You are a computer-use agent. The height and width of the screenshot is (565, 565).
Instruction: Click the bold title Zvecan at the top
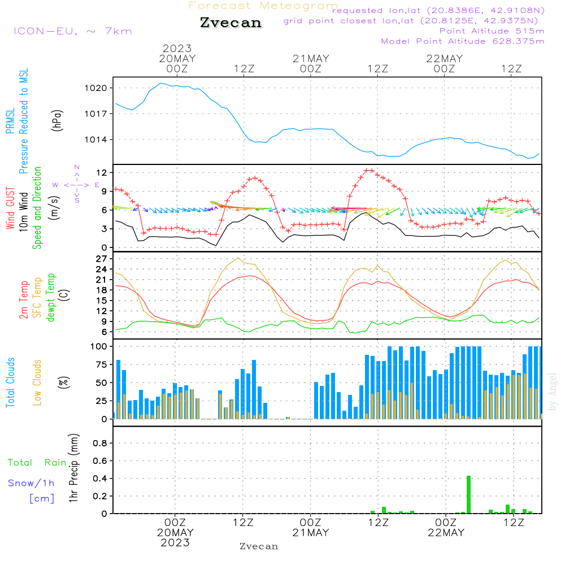tap(231, 23)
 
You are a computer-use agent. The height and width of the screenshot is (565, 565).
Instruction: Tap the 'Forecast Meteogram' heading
tap(263, 6)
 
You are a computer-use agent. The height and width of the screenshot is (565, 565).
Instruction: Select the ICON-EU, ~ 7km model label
tap(72, 31)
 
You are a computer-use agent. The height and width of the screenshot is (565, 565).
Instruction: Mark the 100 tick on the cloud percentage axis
tap(99, 346)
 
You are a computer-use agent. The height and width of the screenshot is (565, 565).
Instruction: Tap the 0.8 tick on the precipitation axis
tap(101, 444)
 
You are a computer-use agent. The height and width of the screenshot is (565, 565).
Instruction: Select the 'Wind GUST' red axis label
tap(10, 208)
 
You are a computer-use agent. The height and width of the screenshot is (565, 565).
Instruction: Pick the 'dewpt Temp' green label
tap(51, 298)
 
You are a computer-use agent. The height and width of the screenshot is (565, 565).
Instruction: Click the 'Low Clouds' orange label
tap(38, 382)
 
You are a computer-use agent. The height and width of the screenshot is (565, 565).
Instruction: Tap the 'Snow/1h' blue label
tap(31, 483)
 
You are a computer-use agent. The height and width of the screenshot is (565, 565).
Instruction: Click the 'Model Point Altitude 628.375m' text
tap(463, 41)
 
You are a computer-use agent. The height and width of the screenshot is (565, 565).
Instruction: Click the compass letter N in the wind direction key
tap(77, 167)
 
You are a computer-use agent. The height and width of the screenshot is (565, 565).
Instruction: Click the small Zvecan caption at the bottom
tap(259, 546)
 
